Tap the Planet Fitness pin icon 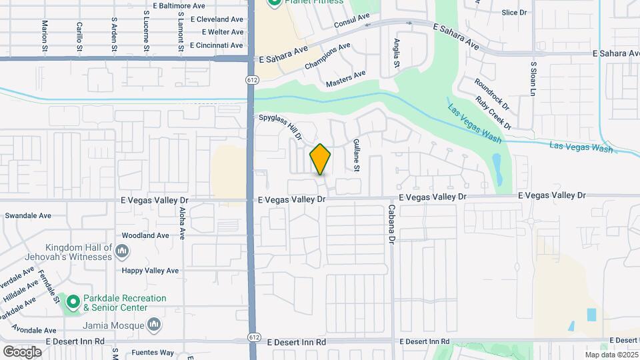pyautogui.click(x=273, y=2)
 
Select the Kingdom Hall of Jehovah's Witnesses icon pyautogui.click(x=122, y=251)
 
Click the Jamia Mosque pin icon pyautogui.click(x=155, y=325)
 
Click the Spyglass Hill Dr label pyautogui.click(x=281, y=127)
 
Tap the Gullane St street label pyautogui.click(x=357, y=155)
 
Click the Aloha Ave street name pyautogui.click(x=182, y=223)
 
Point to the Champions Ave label pyautogui.click(x=327, y=57)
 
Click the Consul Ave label pyautogui.click(x=351, y=21)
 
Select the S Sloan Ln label pyautogui.click(x=533, y=79)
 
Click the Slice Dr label pyautogui.click(x=514, y=12)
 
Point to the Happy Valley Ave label pyautogui.click(x=150, y=271)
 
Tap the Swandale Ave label pyautogui.click(x=28, y=216)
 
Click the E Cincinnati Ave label pyautogui.click(x=217, y=45)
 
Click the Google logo pyautogui.click(x=22, y=351)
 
